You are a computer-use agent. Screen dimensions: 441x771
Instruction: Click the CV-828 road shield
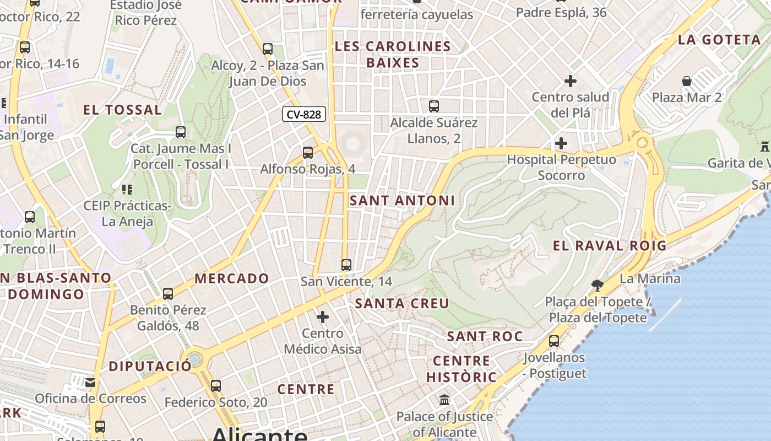(x=304, y=114)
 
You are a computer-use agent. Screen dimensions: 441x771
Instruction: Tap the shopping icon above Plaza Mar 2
(x=687, y=81)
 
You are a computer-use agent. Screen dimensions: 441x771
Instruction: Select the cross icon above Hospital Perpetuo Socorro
(x=561, y=143)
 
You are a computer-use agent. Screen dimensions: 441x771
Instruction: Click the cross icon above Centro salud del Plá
(x=570, y=81)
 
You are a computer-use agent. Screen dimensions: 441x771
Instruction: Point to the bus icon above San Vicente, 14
(x=346, y=265)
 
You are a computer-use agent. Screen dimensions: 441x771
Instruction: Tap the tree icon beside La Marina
(x=597, y=285)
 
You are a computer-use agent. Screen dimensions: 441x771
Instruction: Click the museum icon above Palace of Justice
(x=444, y=400)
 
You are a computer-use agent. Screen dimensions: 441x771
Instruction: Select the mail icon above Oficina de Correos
(x=90, y=382)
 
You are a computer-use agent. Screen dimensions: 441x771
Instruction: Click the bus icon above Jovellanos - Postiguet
(x=554, y=341)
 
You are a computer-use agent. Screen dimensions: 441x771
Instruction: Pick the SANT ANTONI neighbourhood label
(x=402, y=201)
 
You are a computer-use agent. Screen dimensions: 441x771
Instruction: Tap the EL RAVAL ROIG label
(x=609, y=246)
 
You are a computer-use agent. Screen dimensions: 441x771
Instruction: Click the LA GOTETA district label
(x=719, y=40)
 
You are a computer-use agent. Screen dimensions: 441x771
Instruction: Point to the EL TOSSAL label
(x=122, y=110)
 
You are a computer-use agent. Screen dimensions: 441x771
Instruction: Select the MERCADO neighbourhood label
(x=231, y=278)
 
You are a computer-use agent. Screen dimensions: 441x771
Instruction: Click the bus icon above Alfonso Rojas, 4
(x=308, y=152)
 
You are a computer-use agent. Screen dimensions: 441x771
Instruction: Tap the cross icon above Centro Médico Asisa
(x=323, y=317)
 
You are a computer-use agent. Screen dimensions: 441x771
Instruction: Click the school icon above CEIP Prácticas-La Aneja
(x=127, y=190)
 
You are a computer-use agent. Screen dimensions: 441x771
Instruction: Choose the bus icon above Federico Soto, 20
(x=216, y=386)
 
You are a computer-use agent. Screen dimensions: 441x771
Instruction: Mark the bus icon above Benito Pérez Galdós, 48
(x=168, y=294)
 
